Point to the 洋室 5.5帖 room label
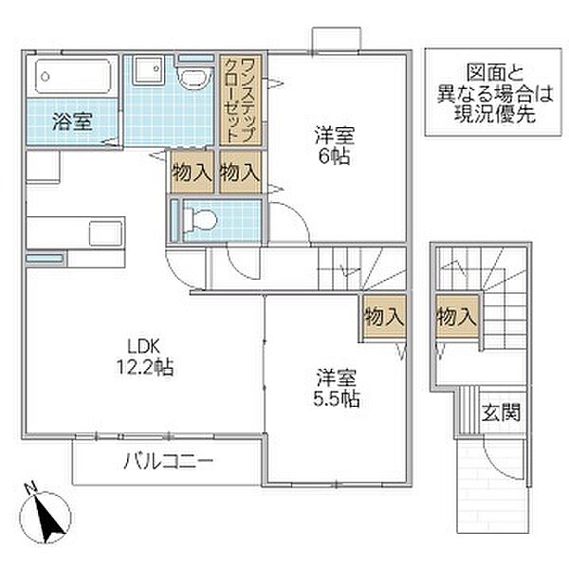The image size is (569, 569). click(x=337, y=387)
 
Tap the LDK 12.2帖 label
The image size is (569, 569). click(x=143, y=356)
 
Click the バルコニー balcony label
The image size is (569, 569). click(x=167, y=463)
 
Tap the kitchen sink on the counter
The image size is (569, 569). click(x=100, y=231)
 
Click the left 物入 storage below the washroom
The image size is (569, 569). click(x=192, y=173)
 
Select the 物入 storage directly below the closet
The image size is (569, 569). click(x=239, y=173)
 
